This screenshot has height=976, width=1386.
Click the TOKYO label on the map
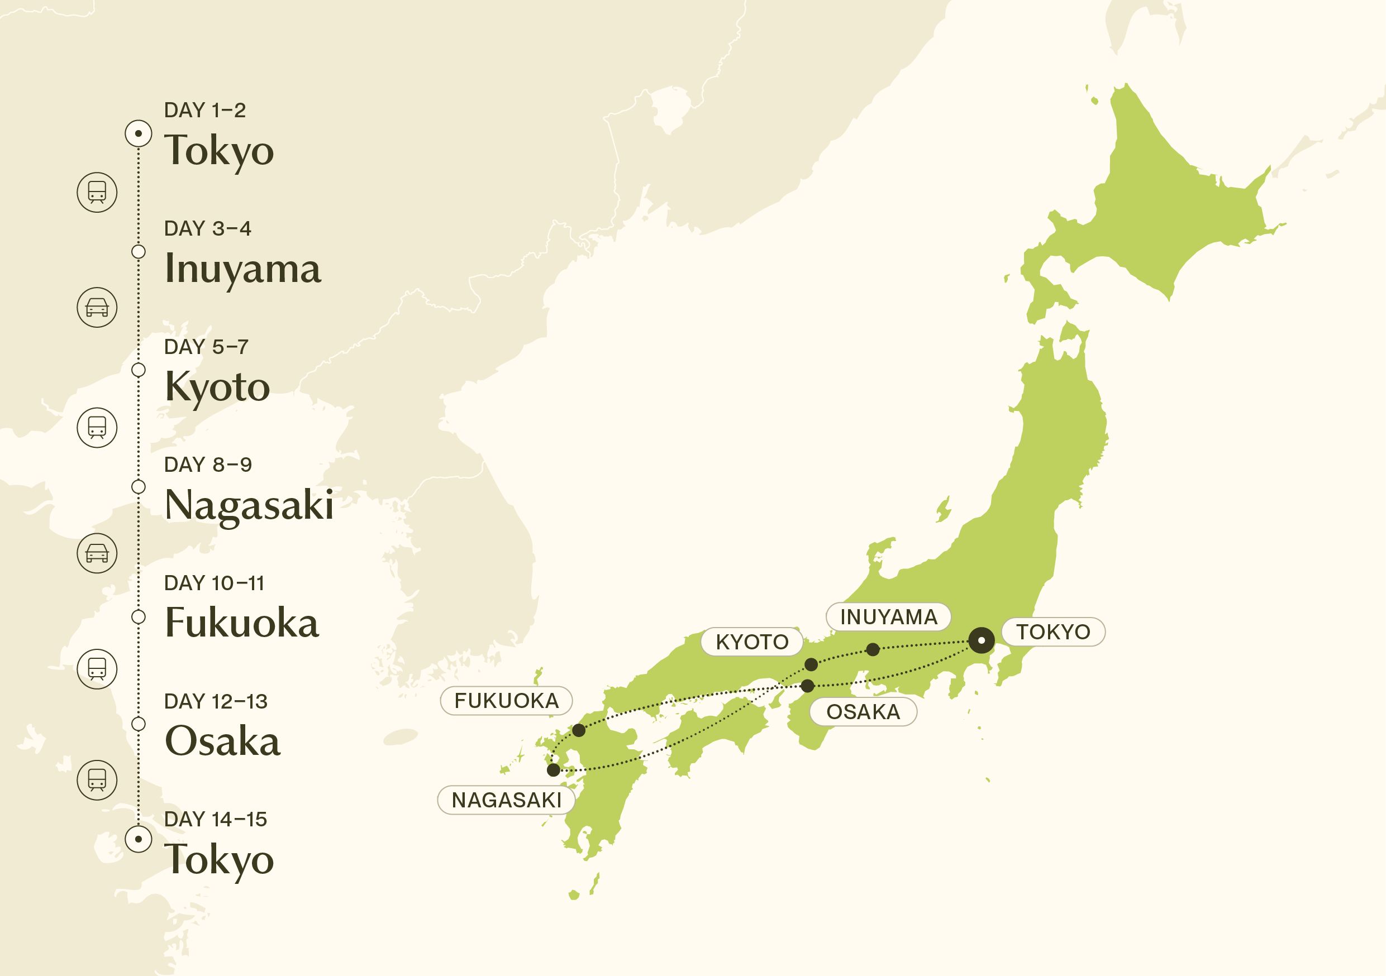[1053, 631]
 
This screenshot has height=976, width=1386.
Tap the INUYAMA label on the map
[888, 616]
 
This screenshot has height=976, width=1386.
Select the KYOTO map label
[751, 641]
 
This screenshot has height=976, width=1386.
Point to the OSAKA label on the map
[863, 711]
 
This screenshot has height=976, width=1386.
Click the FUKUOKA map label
[506, 700]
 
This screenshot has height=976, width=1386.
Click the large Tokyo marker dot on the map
[981, 640]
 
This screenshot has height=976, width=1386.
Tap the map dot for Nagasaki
[553, 770]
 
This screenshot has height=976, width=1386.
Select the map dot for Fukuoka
[578, 730]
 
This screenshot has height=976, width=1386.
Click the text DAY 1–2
[204, 111]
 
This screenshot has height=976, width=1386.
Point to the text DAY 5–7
[206, 347]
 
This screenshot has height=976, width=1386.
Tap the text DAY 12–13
[216, 701]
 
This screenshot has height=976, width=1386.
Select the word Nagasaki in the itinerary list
[249, 505]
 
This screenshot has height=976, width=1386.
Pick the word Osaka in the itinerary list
[222, 741]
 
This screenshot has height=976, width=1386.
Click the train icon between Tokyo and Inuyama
[97, 193]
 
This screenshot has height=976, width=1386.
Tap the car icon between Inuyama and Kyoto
[97, 307]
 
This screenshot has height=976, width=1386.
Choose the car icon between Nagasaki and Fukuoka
[97, 553]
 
